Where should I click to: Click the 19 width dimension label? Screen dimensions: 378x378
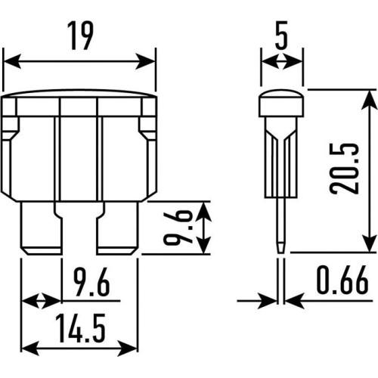pyautogui.click(x=81, y=36)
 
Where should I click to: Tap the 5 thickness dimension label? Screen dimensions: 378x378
pyautogui.click(x=281, y=36)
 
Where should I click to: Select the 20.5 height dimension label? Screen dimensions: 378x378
pyautogui.click(x=344, y=169)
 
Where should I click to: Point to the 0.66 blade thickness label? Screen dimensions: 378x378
pyautogui.click(x=342, y=280)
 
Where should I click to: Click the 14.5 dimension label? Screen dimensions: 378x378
pyautogui.click(x=80, y=328)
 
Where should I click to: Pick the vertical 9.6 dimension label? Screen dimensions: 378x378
pyautogui.click(x=178, y=228)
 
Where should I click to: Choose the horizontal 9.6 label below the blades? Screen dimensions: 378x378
pyautogui.click(x=91, y=282)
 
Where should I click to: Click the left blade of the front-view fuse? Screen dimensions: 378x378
pyautogui.click(x=41, y=228)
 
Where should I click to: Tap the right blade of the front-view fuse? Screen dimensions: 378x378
pyautogui.click(x=118, y=228)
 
